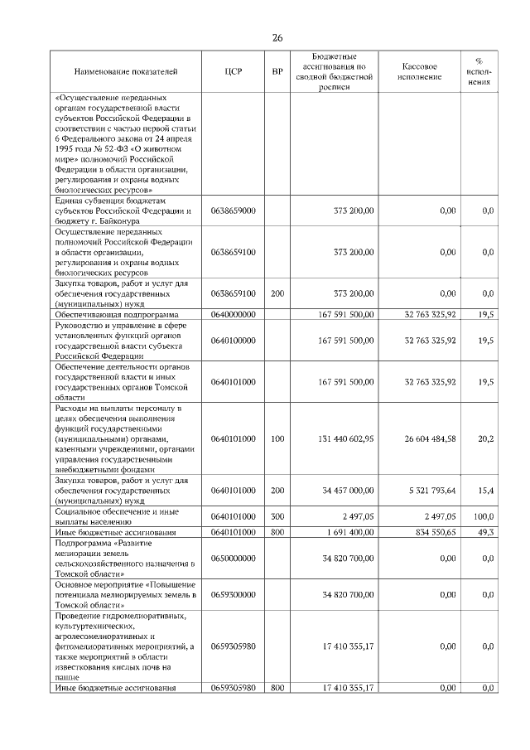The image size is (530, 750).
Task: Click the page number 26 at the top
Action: (277, 38)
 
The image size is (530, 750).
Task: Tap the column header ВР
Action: (277, 72)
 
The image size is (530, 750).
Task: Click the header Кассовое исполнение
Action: (420, 72)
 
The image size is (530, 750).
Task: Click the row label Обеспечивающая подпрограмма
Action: (113, 315)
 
